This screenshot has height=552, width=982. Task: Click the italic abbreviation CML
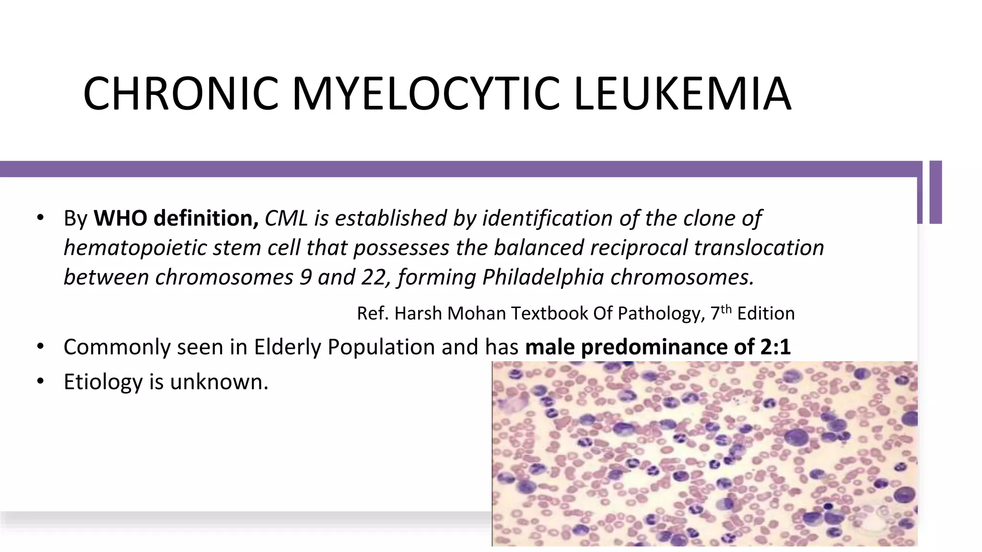pos(286,218)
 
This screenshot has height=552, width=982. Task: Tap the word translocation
pos(759,248)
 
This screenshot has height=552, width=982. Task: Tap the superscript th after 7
pos(726,309)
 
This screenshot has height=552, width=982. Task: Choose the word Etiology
pos(103,382)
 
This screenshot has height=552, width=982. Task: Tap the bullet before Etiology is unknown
pos(40,382)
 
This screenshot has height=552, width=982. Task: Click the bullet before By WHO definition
pos(40,218)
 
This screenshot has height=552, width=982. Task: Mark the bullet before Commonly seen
pos(40,347)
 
